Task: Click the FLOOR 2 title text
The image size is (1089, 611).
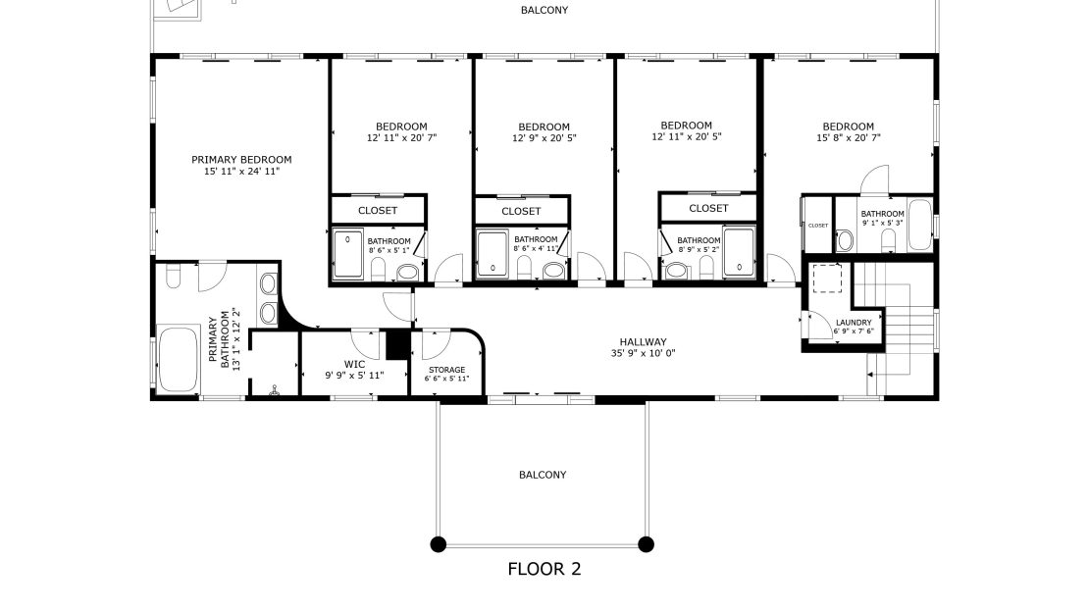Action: [x=544, y=569]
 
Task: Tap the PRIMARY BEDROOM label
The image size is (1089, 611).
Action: [x=241, y=160]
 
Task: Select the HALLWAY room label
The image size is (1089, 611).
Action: [x=644, y=341]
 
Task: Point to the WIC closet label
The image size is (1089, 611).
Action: [x=354, y=364]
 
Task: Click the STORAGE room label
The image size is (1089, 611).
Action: [x=446, y=370]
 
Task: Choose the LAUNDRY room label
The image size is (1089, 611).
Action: [x=854, y=322]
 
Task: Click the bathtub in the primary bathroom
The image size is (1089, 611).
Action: [x=179, y=360]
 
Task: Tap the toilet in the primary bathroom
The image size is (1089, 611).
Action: [x=173, y=276]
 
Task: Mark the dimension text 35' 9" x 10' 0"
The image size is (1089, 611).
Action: [x=643, y=353]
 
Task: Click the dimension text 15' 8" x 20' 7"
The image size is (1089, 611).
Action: [x=848, y=137]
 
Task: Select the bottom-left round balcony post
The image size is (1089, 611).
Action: [x=439, y=544]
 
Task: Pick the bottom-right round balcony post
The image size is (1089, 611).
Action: [x=646, y=544]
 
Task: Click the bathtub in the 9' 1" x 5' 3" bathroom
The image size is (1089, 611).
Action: [x=919, y=225]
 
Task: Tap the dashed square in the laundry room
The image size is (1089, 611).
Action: [x=827, y=279]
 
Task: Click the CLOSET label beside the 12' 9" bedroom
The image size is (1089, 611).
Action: [x=521, y=211]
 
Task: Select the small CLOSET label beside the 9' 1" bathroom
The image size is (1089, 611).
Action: [x=818, y=225]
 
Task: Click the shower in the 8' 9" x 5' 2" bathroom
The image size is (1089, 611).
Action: [x=739, y=252]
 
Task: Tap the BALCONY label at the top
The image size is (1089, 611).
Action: [x=544, y=10]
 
